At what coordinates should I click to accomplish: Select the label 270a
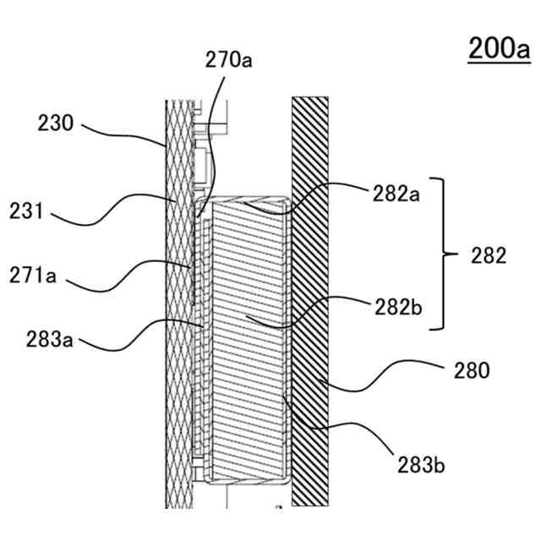[x=229, y=60]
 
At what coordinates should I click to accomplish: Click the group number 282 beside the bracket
[x=488, y=255]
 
